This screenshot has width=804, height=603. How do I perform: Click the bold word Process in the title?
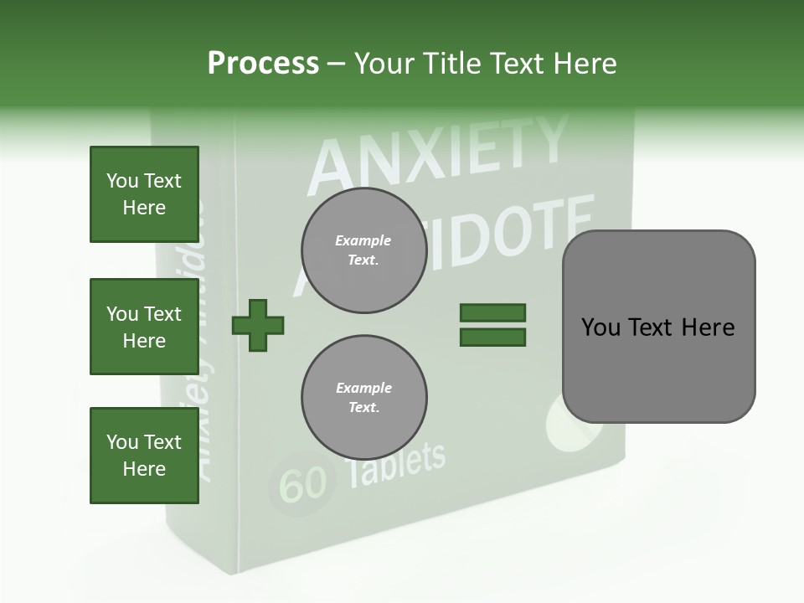pos(263,64)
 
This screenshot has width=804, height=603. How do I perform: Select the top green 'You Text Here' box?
pos(144,194)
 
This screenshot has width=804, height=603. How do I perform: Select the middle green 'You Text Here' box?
pos(144,327)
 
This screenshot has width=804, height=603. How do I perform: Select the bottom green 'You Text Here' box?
pos(144,456)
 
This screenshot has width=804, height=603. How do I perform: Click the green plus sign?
pos(258,325)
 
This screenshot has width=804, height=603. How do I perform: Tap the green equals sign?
pos(492,325)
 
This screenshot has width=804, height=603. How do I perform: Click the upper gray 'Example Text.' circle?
pos(363,250)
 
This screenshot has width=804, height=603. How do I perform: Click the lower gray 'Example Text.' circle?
pos(363,398)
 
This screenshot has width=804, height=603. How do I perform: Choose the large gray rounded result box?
pos(658,326)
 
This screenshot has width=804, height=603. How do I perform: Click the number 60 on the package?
pos(301,484)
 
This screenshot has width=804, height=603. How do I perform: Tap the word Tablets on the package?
pos(395,464)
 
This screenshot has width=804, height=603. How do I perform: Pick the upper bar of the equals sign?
pos(492,312)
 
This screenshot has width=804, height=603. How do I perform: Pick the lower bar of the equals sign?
pos(492,338)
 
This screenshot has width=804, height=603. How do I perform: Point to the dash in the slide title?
pos(337,64)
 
